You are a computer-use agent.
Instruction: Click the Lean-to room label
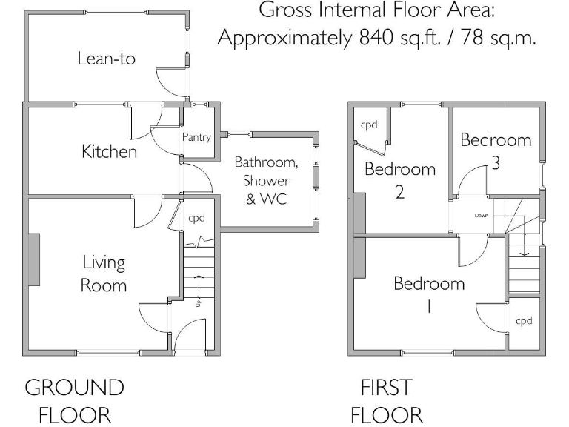coord(107,59)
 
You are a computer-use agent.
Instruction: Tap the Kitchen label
coord(109,152)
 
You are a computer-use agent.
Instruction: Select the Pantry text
coord(196,137)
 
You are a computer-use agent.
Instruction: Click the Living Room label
coord(104,274)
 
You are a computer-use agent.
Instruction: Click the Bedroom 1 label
coord(429,294)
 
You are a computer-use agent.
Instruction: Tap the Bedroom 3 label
coord(496,150)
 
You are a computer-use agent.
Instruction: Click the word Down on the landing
coord(482,216)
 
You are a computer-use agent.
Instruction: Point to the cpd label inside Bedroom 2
coord(369,125)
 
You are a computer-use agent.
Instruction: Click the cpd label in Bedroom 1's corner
coord(524,321)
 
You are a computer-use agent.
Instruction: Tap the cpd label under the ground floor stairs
coord(196,218)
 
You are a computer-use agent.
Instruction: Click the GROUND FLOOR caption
coord(74,400)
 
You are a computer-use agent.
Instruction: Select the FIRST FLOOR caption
coord(386,400)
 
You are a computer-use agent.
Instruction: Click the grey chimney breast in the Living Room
coord(34,259)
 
